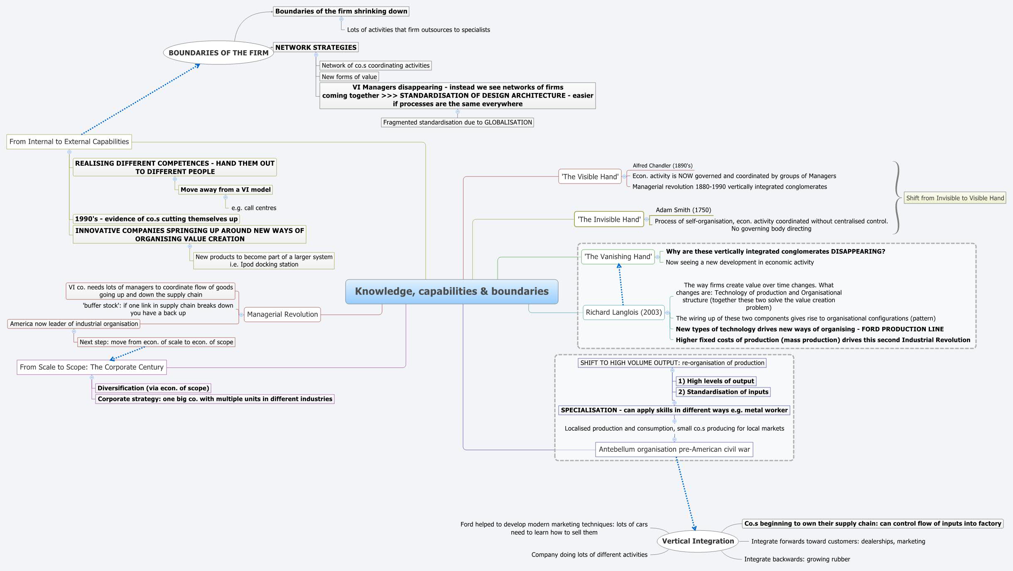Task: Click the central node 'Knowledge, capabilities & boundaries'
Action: [451, 292]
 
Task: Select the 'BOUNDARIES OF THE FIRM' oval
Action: [218, 53]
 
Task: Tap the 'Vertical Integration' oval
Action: [698, 541]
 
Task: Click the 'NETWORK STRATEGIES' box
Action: [316, 47]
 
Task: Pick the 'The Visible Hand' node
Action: [590, 176]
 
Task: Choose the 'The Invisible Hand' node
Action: [609, 219]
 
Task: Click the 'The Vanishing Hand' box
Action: [618, 257]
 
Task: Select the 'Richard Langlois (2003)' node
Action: [623, 312]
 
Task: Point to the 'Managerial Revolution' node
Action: [282, 314]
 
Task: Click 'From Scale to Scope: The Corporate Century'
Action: [92, 367]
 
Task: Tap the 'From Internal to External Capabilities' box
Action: [69, 142]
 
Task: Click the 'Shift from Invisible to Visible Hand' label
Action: [955, 198]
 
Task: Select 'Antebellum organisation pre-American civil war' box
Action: [674, 449]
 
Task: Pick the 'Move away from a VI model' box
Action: [226, 190]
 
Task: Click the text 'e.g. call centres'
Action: [254, 208]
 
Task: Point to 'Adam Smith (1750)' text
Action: [683, 210]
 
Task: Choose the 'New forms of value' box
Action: [349, 77]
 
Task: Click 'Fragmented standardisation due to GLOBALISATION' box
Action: [457, 123]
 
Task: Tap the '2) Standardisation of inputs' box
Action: [723, 392]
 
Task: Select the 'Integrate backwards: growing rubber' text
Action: [797, 559]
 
